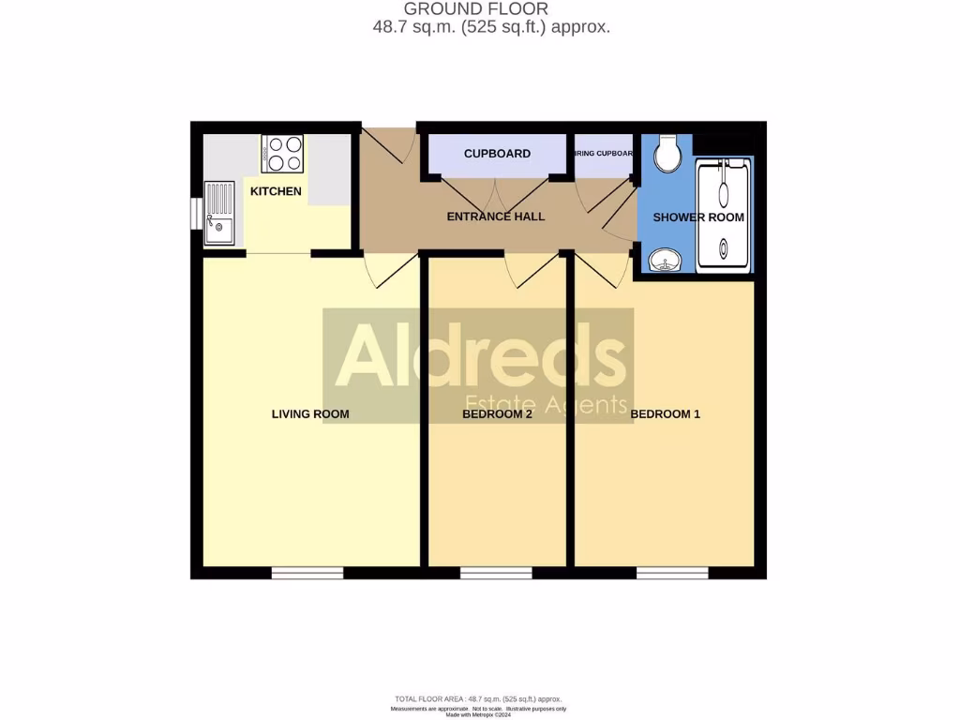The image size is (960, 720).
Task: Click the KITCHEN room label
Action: point(276,191)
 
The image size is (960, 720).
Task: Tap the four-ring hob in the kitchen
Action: point(283,154)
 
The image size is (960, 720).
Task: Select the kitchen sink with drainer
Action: point(219,213)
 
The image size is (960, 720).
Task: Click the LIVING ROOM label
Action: point(310,413)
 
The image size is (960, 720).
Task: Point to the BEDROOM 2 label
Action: point(498,413)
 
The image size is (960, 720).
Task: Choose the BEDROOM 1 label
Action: point(665,413)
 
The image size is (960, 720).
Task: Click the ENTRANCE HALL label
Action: point(496,217)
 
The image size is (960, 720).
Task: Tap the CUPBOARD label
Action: point(497,154)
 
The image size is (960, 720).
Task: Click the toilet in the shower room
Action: point(668,155)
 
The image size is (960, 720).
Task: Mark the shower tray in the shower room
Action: point(724,216)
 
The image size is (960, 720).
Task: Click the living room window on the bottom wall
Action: point(307,573)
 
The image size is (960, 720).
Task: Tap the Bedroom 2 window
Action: point(496,573)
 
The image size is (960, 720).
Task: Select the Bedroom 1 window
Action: point(672,573)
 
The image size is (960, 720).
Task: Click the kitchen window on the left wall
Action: point(195,213)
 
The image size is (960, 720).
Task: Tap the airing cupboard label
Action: point(604,154)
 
